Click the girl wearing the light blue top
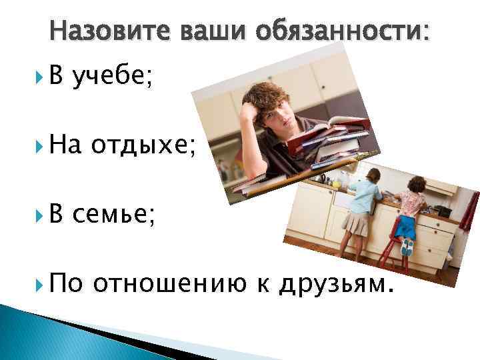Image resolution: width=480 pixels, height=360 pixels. pyautogui.click(x=364, y=206)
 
